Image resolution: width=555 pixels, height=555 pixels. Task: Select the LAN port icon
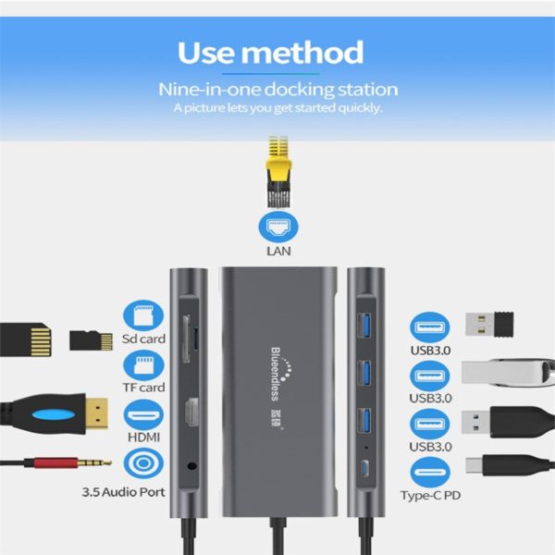coord(277,225)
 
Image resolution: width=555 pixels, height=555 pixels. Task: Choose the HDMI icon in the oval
coord(142,413)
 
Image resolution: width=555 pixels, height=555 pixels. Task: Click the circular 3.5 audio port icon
coord(142,463)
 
